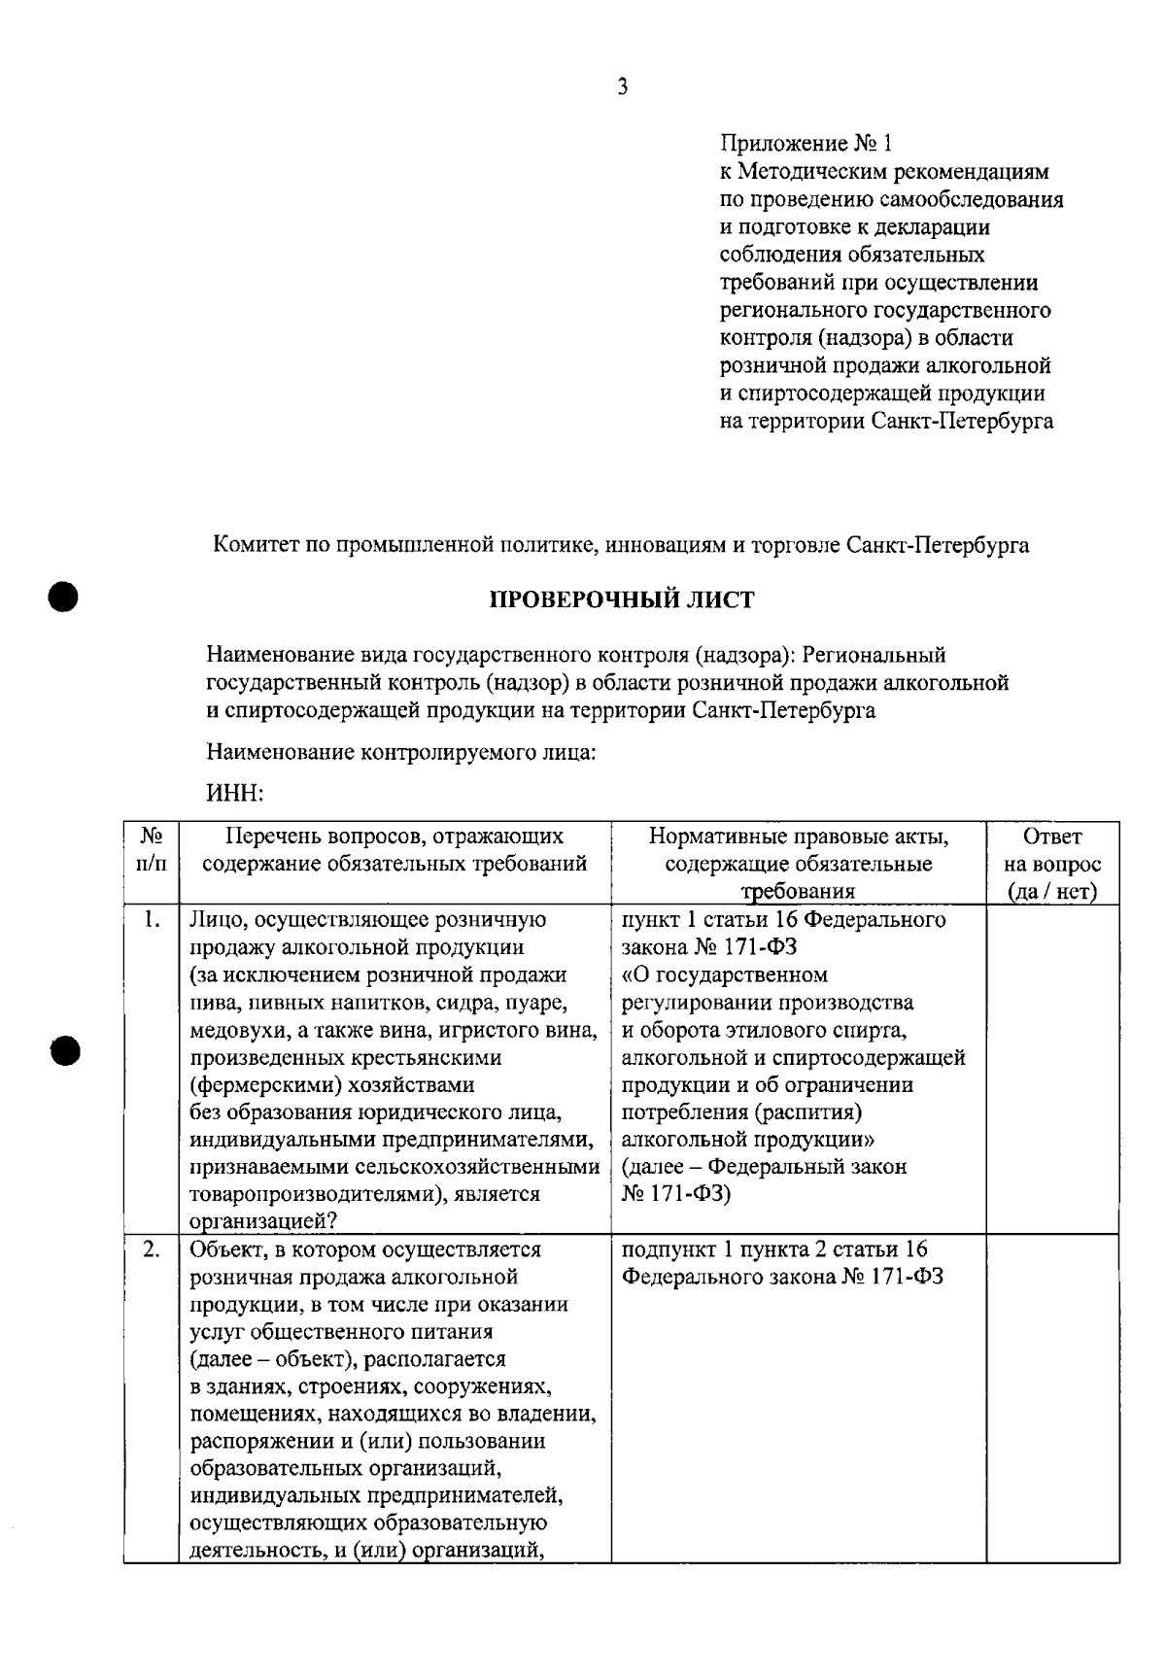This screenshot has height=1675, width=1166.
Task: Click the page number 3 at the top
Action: [x=622, y=87]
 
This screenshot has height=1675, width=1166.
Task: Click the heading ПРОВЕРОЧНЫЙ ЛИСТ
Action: [x=621, y=599]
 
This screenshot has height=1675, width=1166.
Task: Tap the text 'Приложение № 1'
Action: [x=806, y=144]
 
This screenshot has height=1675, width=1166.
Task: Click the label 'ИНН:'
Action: [x=235, y=794]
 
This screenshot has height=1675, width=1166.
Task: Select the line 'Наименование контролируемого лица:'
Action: [x=401, y=752]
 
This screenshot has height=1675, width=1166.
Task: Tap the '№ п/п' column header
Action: [x=151, y=849]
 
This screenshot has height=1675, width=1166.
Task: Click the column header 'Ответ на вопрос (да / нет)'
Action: [x=1052, y=863]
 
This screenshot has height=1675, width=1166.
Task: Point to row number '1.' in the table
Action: [x=151, y=919]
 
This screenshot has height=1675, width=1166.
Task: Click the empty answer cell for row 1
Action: [x=1052, y=1069]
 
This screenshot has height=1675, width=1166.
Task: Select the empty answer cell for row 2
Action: [x=1052, y=1399]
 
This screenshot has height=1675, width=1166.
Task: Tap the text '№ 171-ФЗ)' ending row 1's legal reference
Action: [x=676, y=1193]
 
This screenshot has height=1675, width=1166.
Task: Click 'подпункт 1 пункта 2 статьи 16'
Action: [x=774, y=1248]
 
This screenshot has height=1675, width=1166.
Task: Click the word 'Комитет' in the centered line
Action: [x=253, y=545]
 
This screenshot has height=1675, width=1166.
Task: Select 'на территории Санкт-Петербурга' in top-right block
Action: [x=886, y=422]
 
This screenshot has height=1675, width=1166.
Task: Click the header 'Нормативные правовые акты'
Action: [x=799, y=837]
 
